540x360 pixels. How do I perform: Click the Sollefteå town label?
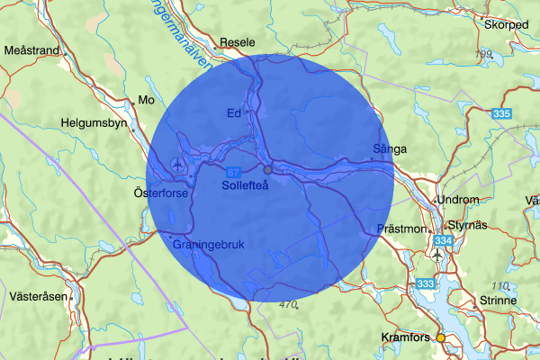pyautogui.click(x=245, y=184)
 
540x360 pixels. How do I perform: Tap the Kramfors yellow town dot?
pyautogui.click(x=441, y=337)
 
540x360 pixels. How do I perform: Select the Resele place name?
pyautogui.click(x=238, y=41)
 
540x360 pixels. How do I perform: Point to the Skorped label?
pyautogui.click(x=506, y=24)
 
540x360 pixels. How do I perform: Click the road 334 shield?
pyautogui.click(x=442, y=241)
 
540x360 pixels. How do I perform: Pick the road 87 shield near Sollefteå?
pyautogui.click(x=233, y=172)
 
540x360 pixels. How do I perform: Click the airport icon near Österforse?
pyautogui.click(x=177, y=165)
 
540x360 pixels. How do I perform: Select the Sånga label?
pyautogui.click(x=390, y=148)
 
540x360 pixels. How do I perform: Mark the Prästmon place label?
pyautogui.click(x=401, y=229)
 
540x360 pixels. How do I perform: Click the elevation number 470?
pyautogui.click(x=288, y=305)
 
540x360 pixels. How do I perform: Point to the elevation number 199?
pyautogui.click(x=485, y=55)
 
